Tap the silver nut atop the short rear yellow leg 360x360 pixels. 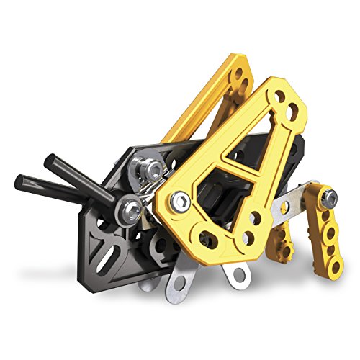[x=328, y=195]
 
